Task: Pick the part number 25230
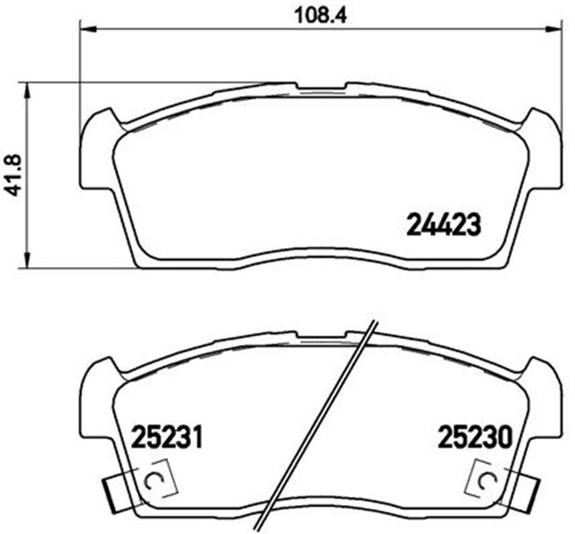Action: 474,439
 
